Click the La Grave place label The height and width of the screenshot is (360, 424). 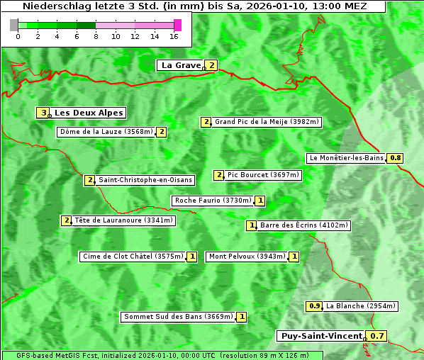point(181,65)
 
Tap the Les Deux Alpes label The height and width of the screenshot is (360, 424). point(89,113)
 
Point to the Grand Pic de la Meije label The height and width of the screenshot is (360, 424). point(267,122)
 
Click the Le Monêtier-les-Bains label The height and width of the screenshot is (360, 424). point(346,158)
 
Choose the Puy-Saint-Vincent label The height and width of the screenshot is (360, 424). point(321,336)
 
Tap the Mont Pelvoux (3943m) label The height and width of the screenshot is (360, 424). point(247,257)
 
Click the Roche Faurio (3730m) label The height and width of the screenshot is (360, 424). point(213,201)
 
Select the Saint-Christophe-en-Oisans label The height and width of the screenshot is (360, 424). point(138,180)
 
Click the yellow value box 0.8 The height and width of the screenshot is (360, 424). point(396,158)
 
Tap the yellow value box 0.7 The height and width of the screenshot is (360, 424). point(378,336)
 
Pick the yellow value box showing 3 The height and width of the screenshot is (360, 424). point(43,113)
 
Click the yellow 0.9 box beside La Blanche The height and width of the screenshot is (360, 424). point(315,306)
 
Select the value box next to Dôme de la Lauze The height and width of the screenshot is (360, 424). point(162,132)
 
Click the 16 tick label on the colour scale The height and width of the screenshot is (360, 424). point(174,36)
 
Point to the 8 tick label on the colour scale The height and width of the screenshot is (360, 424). point(96,36)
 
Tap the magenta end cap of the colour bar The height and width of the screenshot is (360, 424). point(177,25)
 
